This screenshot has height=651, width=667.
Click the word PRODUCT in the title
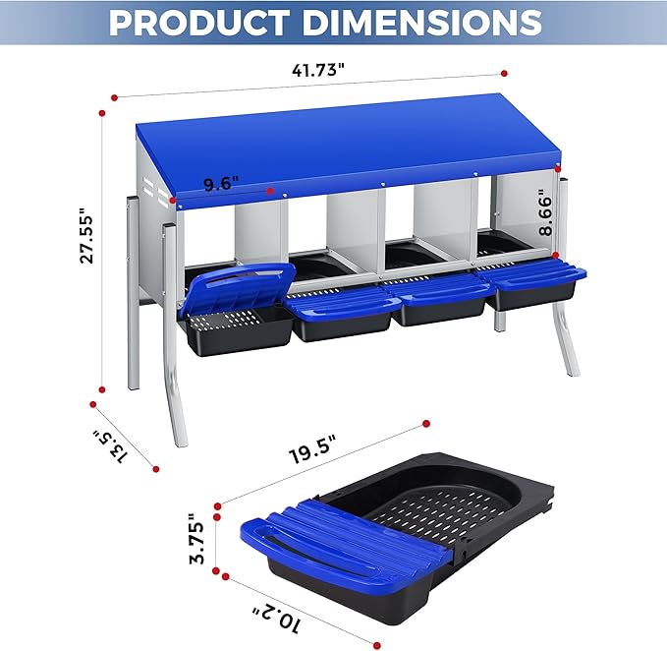click(x=200, y=22)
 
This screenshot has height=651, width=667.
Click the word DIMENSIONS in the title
click(x=422, y=22)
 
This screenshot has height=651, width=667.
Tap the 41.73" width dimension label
click(x=317, y=70)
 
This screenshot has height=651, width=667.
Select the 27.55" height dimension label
click(x=86, y=235)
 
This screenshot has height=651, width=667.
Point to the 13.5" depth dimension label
click(x=110, y=445)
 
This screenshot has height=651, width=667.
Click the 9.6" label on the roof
click(x=220, y=184)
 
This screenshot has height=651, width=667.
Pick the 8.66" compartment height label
click(x=546, y=212)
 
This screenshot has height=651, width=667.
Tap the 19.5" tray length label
click(x=313, y=448)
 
